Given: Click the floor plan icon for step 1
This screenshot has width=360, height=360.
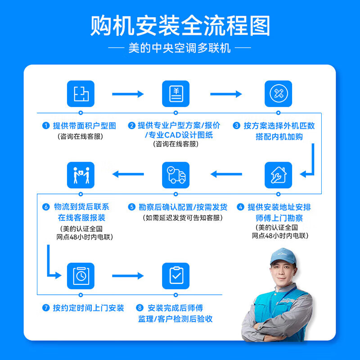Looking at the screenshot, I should pyautogui.click(x=81, y=94).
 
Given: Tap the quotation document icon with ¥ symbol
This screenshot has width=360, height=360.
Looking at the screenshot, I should pyautogui.click(x=176, y=94).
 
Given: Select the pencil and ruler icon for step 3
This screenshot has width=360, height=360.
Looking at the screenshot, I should pyautogui.click(x=278, y=94).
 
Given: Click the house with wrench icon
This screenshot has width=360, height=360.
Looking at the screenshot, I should pyautogui.click(x=278, y=175).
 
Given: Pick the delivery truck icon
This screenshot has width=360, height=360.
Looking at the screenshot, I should pyautogui.click(x=176, y=175).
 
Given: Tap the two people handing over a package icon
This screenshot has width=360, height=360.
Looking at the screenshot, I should pyautogui.click(x=81, y=175).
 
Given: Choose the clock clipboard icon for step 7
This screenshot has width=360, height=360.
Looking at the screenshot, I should pyautogui.click(x=81, y=275).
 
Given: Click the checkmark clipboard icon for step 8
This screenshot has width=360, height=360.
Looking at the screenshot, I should pyautogui.click(x=176, y=275).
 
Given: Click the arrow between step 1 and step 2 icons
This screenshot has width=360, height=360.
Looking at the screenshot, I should pyautogui.click(x=128, y=94).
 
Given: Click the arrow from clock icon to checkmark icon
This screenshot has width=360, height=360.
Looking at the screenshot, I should pyautogui.click(x=128, y=275).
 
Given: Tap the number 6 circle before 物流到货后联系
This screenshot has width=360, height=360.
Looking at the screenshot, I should pyautogui.click(x=46, y=207).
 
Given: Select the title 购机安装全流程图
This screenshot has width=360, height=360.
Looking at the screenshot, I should pyautogui.click(x=180, y=26).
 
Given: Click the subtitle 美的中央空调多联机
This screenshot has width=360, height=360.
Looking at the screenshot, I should pyautogui.click(x=180, y=48).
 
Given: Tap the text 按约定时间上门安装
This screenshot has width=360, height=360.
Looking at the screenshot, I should pyautogui.click(x=88, y=308).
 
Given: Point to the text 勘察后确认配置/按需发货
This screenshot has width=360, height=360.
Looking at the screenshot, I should pyautogui.click(x=183, y=207).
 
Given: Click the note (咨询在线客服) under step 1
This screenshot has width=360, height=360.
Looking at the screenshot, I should pyautogui.click(x=81, y=136).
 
